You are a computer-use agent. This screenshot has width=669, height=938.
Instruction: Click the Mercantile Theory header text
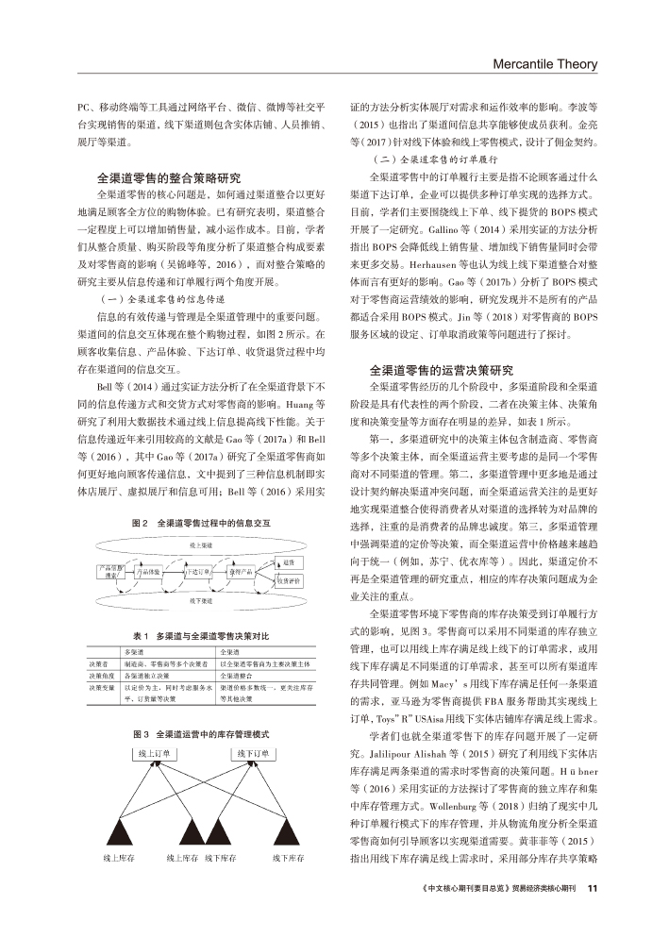tap(546, 64)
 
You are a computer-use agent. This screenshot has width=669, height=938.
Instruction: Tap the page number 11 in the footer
tap(592, 913)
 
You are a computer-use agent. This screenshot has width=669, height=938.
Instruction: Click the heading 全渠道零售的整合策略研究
tap(170, 176)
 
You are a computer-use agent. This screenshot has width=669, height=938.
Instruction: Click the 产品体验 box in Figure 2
tap(151, 572)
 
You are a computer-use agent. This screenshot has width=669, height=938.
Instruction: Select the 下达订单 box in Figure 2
tap(197, 572)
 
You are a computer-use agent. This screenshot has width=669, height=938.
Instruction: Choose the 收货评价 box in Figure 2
tap(289, 581)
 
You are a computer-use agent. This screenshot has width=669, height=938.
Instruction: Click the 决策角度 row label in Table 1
tap(100, 676)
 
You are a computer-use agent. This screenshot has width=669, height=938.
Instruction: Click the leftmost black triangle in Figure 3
tap(116, 834)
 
